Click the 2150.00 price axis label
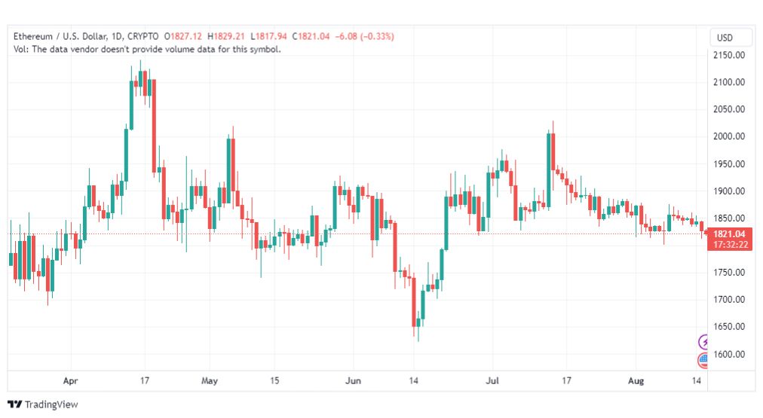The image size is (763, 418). click(729, 55)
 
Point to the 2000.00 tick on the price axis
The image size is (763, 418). click(729, 136)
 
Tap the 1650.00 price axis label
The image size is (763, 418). click(729, 326)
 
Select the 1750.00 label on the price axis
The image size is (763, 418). click(729, 272)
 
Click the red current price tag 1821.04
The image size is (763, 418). click(729, 239)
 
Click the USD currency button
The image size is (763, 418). click(725, 38)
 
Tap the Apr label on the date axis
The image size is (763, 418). click(71, 380)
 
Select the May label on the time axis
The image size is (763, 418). click(210, 380)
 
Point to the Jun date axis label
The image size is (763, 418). click(354, 380)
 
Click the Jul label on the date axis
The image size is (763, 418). click(492, 380)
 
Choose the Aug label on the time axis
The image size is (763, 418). click(636, 380)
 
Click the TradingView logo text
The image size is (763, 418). click(51, 404)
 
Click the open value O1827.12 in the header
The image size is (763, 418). click(183, 36)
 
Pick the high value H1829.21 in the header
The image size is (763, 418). click(225, 36)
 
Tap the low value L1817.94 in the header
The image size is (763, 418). click(268, 36)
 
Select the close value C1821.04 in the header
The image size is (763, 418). click(311, 36)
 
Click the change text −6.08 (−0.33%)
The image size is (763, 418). click(364, 36)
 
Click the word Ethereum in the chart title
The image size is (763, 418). click(33, 36)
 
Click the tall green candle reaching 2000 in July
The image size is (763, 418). click(548, 170)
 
